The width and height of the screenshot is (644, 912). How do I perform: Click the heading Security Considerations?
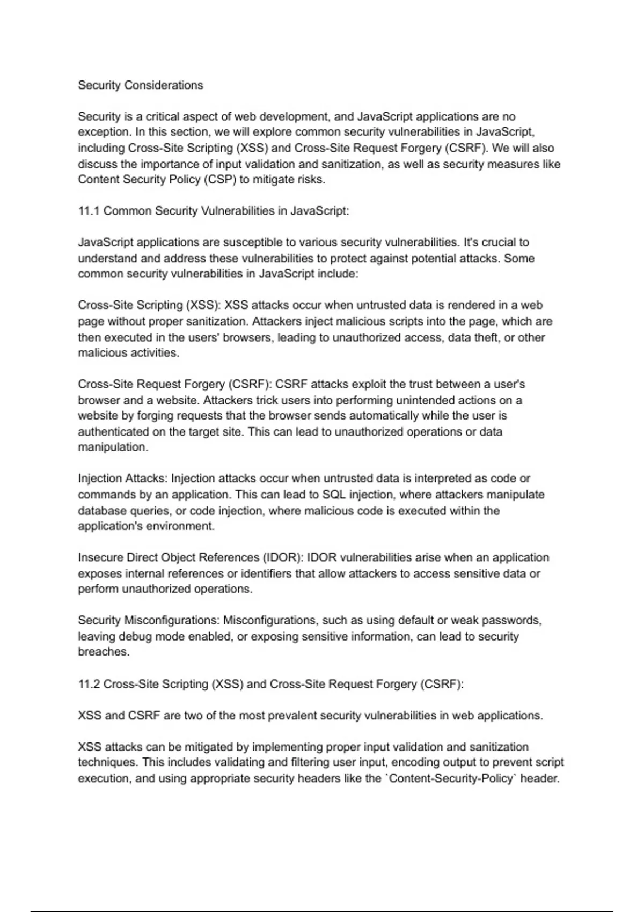pyautogui.click(x=141, y=85)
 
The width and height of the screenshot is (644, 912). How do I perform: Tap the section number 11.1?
pyautogui.click(x=89, y=211)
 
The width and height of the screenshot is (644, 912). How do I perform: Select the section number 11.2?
pyautogui.click(x=89, y=684)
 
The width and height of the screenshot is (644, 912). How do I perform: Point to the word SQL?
pyautogui.click(x=333, y=494)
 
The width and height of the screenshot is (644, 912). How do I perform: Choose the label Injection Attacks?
pyautogui.click(x=123, y=479)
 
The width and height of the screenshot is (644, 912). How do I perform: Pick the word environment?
pyautogui.click(x=185, y=526)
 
